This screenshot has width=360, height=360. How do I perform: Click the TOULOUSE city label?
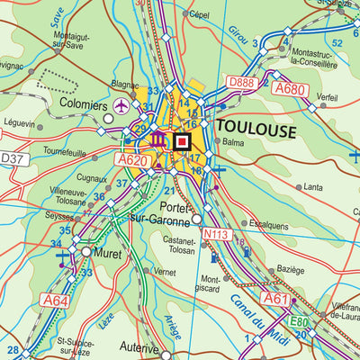[x=256, y=130]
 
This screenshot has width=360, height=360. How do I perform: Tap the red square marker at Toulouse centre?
[x=183, y=141]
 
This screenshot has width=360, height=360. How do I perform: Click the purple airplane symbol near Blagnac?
[x=121, y=107]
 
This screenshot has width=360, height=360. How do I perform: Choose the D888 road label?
[x=240, y=82]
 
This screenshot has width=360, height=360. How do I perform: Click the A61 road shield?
[x=276, y=298]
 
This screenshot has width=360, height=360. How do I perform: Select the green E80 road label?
[x=299, y=319]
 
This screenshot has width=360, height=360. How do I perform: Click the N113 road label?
[x=214, y=234]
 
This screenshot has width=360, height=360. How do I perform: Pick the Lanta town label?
[x=313, y=187]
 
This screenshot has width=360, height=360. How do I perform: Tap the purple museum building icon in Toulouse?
[x=158, y=141]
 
